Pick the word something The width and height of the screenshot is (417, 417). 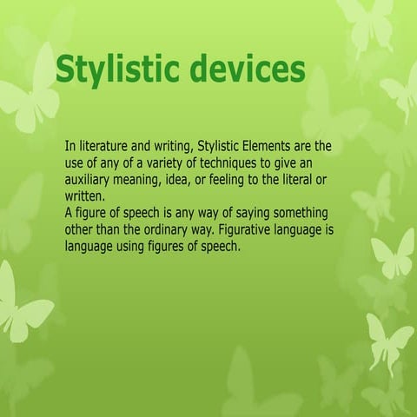(301, 214)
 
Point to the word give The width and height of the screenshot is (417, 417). (294, 162)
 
